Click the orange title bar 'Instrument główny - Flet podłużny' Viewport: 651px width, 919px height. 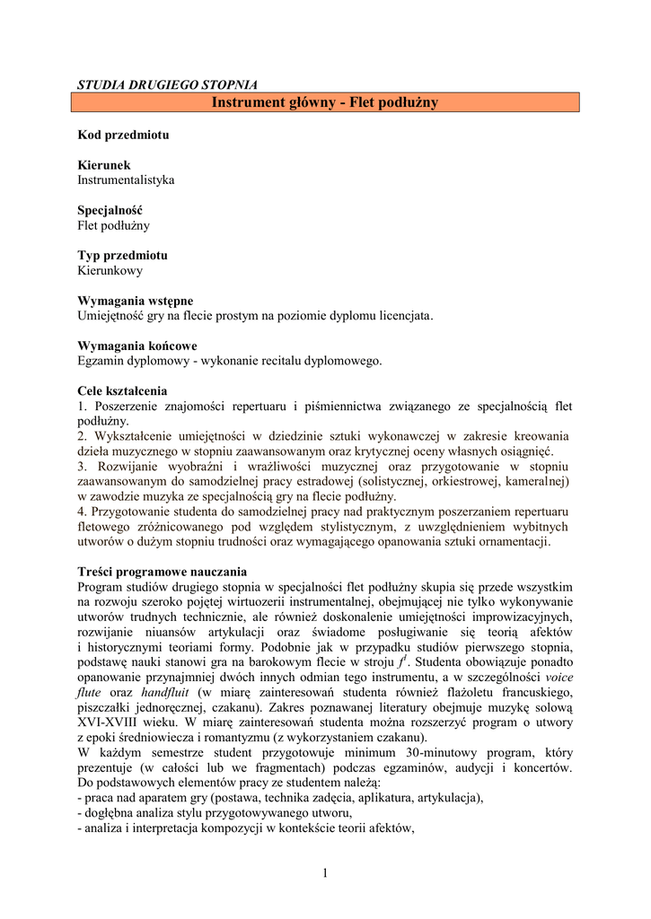point(325,102)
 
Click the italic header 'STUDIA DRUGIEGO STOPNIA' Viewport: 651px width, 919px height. point(168,84)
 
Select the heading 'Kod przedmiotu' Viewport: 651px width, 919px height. point(123,135)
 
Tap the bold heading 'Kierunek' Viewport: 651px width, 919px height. point(104,165)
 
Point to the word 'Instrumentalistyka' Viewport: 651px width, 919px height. point(126,179)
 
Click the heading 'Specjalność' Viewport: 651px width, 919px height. point(110,210)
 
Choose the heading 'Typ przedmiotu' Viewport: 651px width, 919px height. point(122,255)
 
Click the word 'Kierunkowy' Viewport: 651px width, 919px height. point(110,269)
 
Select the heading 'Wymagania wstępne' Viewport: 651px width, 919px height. point(136,300)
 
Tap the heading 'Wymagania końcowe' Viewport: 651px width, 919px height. point(137,346)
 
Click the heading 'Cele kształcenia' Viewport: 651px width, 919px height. point(122,391)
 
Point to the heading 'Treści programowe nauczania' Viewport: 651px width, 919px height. point(163,572)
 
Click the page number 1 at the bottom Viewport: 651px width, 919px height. point(325,873)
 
